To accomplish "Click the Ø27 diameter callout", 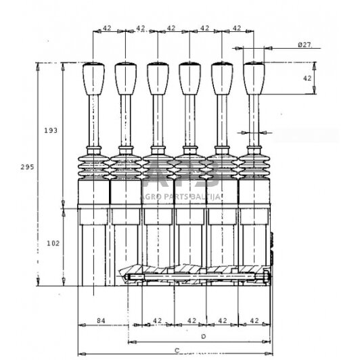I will (304, 45).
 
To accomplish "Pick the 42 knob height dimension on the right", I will (307, 78).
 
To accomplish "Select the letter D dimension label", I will (202, 336).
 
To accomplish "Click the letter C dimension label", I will (175, 349).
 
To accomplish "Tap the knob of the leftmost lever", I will (93, 78).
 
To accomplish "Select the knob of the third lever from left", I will (157, 78).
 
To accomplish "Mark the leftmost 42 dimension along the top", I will (107, 28).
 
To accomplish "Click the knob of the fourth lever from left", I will (189, 78).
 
